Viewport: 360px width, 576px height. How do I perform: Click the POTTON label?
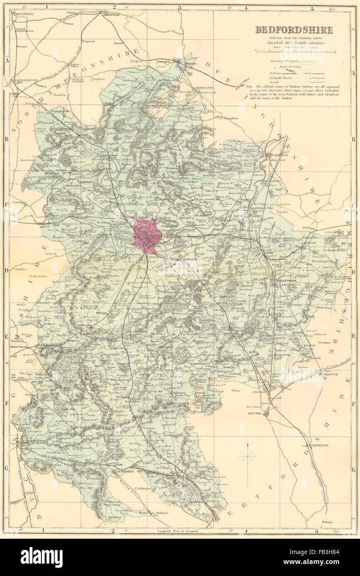click(311, 243)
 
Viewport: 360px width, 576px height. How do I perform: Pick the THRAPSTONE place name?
click(109, 13)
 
